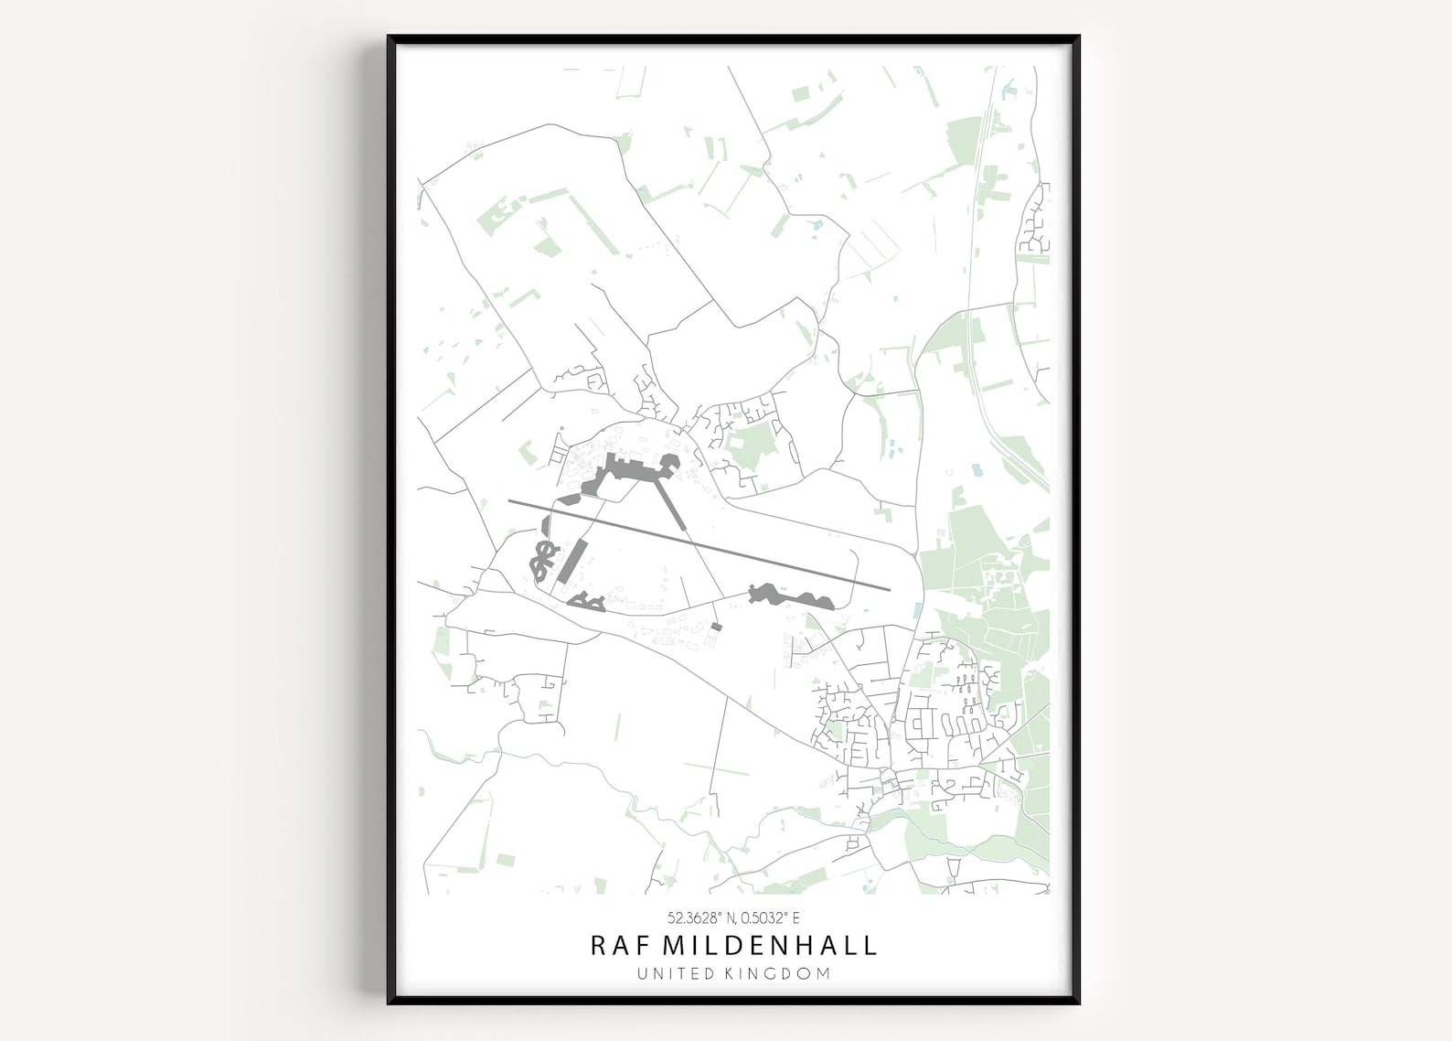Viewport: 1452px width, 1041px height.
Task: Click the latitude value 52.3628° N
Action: pyautogui.click(x=701, y=918)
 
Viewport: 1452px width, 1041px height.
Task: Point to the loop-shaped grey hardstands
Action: pyautogui.click(x=543, y=560)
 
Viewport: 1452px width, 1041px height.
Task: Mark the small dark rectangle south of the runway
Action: pyautogui.click(x=717, y=627)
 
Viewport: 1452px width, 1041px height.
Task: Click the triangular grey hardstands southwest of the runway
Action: pyautogui.click(x=586, y=601)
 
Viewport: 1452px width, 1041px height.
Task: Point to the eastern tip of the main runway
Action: pyautogui.click(x=889, y=588)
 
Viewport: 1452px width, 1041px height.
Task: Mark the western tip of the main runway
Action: pyautogui.click(x=510, y=501)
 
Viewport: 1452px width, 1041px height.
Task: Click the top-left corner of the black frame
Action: pyautogui.click(x=390, y=38)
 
